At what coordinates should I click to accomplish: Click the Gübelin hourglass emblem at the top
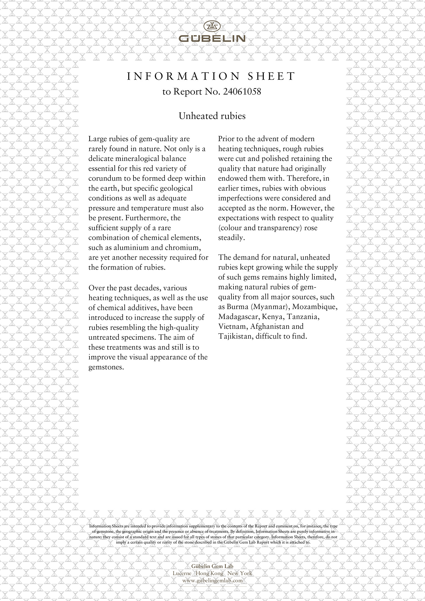click(212, 27)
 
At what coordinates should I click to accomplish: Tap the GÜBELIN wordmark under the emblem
click(212, 39)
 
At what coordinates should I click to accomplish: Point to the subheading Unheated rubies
click(212, 116)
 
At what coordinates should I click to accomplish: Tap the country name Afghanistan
click(272, 327)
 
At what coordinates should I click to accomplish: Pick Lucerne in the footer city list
click(182, 573)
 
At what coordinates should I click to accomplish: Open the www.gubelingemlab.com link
click(212, 580)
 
